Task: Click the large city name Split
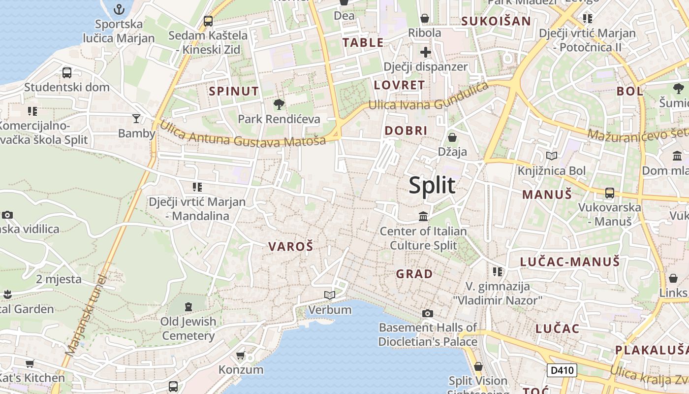coord(432,186)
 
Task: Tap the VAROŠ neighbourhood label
coord(290,247)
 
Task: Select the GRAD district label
coord(414,274)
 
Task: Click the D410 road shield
coord(562,370)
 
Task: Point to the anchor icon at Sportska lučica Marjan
coord(119,9)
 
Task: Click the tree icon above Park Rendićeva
coord(279,104)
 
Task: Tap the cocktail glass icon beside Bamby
coord(136,118)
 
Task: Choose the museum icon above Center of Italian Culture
coord(423,216)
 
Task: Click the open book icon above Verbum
coord(330,295)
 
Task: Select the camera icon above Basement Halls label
coord(428,313)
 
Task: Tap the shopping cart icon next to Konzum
coord(240,355)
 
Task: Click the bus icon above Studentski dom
coord(67,73)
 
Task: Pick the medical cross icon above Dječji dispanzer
coord(426,52)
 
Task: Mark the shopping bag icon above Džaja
coord(452,137)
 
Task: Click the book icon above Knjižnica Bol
coord(552,156)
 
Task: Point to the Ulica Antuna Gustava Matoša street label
coord(243,134)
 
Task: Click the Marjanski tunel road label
coord(86,315)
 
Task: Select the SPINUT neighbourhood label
coord(234,91)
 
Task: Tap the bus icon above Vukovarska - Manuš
coord(610,193)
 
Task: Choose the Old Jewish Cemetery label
coord(188,328)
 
